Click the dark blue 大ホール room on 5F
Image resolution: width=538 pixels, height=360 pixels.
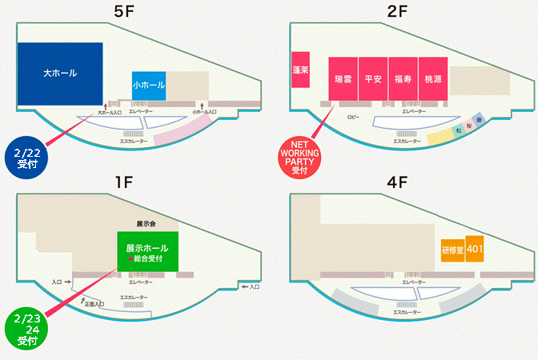(60, 74)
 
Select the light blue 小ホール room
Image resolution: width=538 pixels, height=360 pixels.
(149, 86)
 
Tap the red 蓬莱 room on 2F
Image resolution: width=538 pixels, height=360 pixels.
(302, 71)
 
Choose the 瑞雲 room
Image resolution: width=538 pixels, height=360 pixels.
(343, 79)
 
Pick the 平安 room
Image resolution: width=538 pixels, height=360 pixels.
(373, 79)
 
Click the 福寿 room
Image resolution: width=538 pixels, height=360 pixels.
(403, 79)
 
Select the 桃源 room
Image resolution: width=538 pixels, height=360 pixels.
(432, 79)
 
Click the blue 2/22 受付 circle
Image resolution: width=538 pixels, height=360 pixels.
(27, 155)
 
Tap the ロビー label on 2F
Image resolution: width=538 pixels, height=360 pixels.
(354, 116)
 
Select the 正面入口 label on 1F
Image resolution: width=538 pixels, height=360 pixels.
(94, 305)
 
